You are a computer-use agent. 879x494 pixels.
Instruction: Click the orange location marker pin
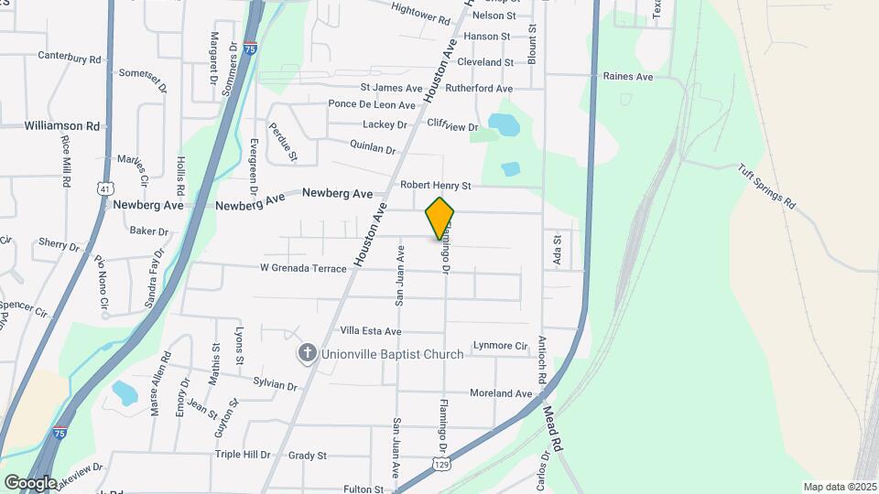pos(439,218)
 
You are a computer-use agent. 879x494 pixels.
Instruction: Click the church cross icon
pos(309,352)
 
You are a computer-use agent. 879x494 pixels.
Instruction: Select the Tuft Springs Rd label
pos(766,187)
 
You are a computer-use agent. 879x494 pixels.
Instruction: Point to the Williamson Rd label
pos(62,125)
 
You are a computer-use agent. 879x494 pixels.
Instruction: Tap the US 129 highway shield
pos(441,466)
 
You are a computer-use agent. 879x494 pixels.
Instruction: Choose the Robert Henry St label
pos(435,186)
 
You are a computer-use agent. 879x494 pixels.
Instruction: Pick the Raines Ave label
pos(627,77)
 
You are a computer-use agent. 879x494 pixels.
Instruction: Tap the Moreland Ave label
pos(501,393)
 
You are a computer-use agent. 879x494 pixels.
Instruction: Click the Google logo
pos(29,482)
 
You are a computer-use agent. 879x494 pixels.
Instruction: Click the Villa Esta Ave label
pos(371,330)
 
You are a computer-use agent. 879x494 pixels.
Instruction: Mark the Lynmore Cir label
pos(501,346)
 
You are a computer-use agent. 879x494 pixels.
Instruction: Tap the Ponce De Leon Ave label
pos(372,104)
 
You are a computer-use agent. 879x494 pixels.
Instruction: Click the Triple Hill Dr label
pos(243,455)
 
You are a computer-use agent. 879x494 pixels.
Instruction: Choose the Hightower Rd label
pos(420,13)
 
